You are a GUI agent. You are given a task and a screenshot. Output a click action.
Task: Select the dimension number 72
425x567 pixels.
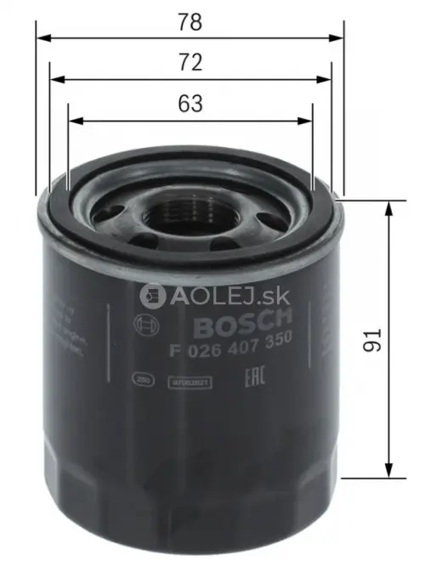[x=190, y=62]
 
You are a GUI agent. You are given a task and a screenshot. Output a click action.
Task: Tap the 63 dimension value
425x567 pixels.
[x=190, y=104]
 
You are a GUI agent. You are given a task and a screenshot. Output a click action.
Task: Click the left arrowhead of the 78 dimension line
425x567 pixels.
[x=42, y=38]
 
